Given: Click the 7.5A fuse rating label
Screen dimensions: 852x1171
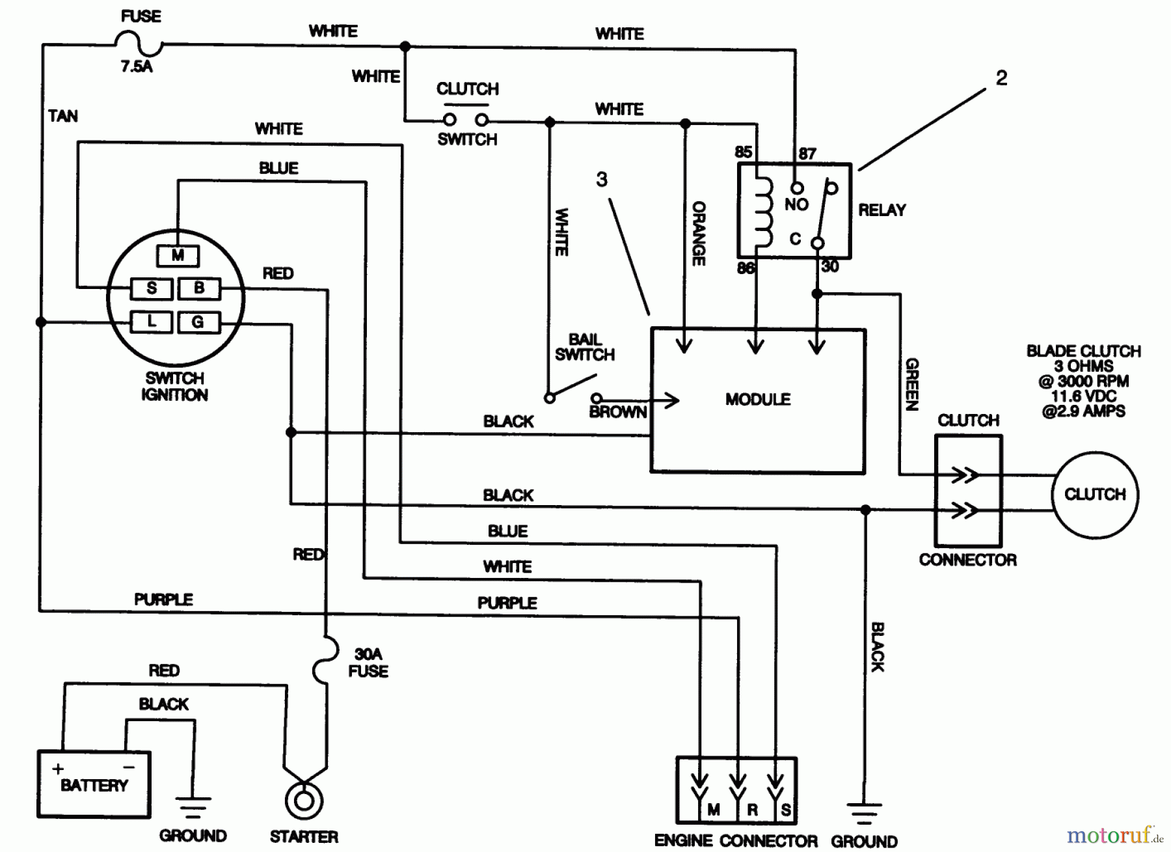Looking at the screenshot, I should pyautogui.click(x=137, y=66).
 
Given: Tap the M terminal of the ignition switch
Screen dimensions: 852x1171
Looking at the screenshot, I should pyautogui.click(x=178, y=256).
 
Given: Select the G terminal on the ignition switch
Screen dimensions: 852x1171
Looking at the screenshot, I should pyautogui.click(x=198, y=322).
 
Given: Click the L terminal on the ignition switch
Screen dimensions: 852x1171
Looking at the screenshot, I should pyautogui.click(x=152, y=322).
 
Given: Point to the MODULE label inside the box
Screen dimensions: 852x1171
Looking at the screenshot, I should pyautogui.click(x=758, y=400).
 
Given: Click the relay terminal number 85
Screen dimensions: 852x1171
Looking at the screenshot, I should pyautogui.click(x=743, y=152).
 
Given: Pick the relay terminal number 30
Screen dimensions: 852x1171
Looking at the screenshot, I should pyautogui.click(x=829, y=266).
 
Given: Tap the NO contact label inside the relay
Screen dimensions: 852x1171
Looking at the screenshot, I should pyautogui.click(x=796, y=204).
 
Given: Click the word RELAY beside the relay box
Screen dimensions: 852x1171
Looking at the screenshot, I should pyautogui.click(x=882, y=210).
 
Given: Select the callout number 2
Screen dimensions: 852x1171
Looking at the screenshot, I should pyautogui.click(x=1001, y=79).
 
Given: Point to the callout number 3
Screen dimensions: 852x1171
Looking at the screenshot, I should pyautogui.click(x=602, y=180).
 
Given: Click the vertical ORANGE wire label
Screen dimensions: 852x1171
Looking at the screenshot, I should pyautogui.click(x=699, y=233).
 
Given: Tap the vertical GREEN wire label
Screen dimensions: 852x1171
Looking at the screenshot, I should pyautogui.click(x=912, y=384).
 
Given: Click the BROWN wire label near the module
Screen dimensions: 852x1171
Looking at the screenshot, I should pyautogui.click(x=618, y=413).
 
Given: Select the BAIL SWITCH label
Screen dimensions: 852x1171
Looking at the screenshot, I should pyautogui.click(x=584, y=347).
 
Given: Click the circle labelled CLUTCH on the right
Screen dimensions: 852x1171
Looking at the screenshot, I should pyautogui.click(x=1095, y=495).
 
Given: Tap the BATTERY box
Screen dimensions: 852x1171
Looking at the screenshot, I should pyautogui.click(x=94, y=784).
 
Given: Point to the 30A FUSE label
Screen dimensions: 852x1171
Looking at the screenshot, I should pyautogui.click(x=368, y=663).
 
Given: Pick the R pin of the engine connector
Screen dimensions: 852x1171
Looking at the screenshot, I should pyautogui.click(x=752, y=810).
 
